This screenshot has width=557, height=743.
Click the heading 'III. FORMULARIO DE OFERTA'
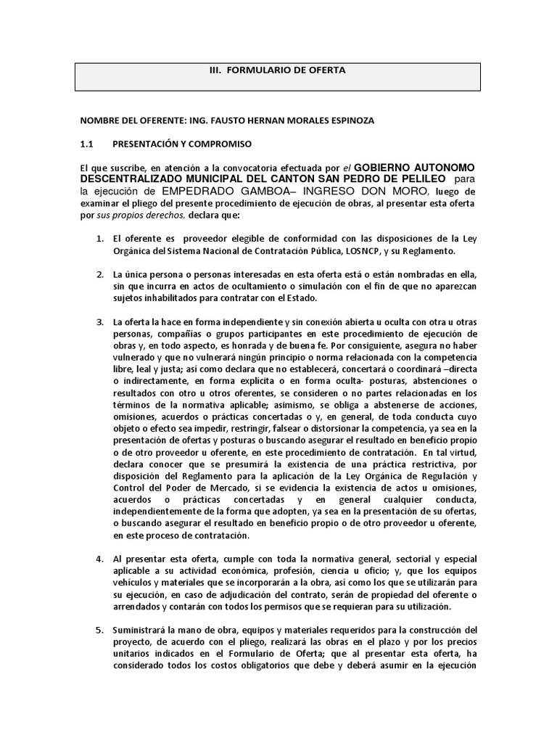point(278,70)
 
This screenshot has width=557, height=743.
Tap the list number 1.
point(100,239)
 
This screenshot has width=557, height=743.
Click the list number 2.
point(100,275)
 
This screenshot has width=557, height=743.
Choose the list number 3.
point(100,322)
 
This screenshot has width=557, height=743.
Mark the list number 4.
point(100,559)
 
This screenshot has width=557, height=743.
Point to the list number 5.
point(100,630)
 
